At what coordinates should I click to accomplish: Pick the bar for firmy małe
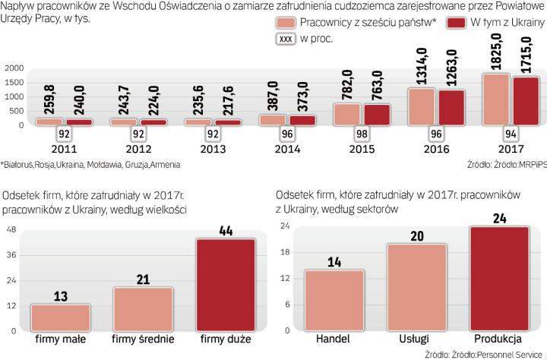tap(61, 318)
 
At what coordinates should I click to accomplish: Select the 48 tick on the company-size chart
tap(11, 230)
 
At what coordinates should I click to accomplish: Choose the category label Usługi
tap(416, 338)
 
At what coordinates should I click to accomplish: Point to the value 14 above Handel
tap(334, 263)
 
